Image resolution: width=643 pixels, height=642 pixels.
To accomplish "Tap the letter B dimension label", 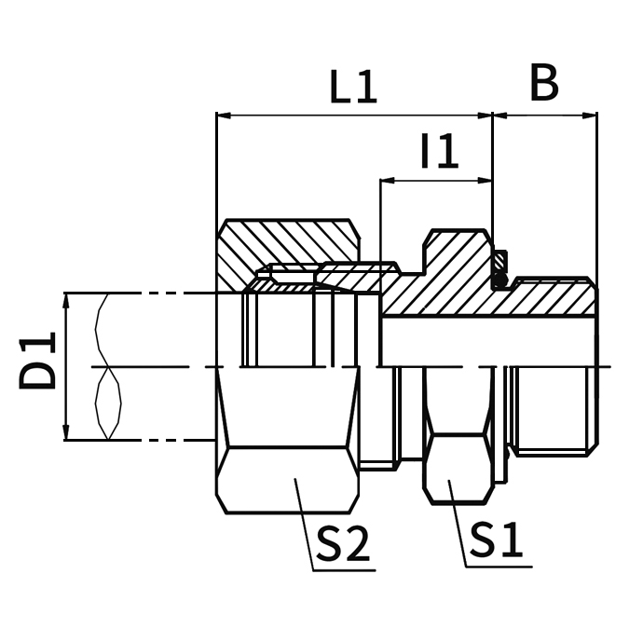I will click(x=544, y=83).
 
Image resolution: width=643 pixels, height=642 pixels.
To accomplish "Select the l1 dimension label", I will click(x=439, y=152).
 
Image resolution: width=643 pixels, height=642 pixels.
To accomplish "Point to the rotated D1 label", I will click(x=40, y=365).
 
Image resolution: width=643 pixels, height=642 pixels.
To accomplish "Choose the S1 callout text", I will click(x=496, y=540).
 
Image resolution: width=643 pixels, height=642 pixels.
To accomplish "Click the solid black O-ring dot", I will click(x=500, y=277).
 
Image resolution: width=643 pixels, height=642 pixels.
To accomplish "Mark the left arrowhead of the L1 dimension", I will click(x=223, y=116).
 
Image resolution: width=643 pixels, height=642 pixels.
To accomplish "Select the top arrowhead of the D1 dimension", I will click(x=67, y=299).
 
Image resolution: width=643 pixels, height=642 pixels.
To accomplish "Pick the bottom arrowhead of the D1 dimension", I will click(x=67, y=433).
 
